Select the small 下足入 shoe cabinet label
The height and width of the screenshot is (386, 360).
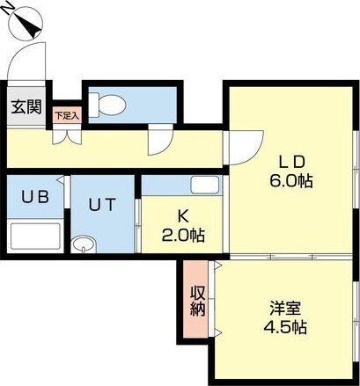[66, 114]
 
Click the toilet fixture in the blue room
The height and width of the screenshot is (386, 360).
[109, 105]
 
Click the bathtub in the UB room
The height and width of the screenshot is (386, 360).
[36, 237]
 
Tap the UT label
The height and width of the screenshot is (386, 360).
[100, 205]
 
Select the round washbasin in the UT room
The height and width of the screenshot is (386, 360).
[84, 244]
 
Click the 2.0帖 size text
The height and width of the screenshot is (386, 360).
[184, 236]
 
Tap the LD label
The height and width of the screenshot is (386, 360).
[291, 163]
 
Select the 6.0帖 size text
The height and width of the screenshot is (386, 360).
[291, 181]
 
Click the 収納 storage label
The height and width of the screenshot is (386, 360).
[197, 302]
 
